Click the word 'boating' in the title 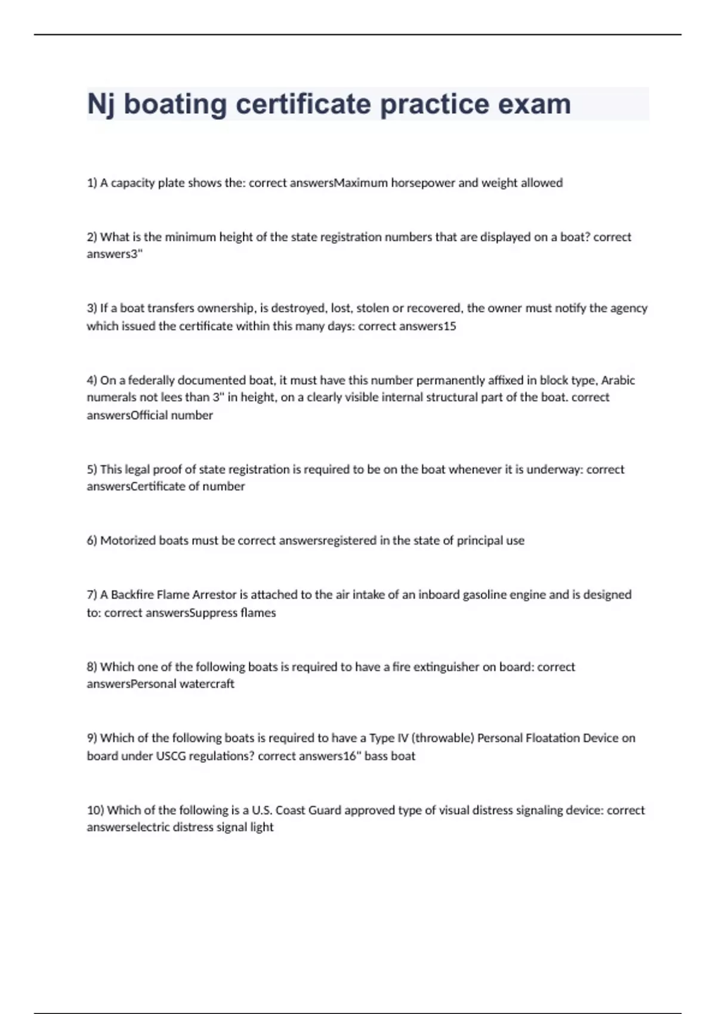pyautogui.click(x=175, y=104)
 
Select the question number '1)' pyautogui.click(x=92, y=183)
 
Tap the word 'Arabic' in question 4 pyautogui.click(x=618, y=381)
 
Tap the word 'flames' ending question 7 pyautogui.click(x=258, y=613)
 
